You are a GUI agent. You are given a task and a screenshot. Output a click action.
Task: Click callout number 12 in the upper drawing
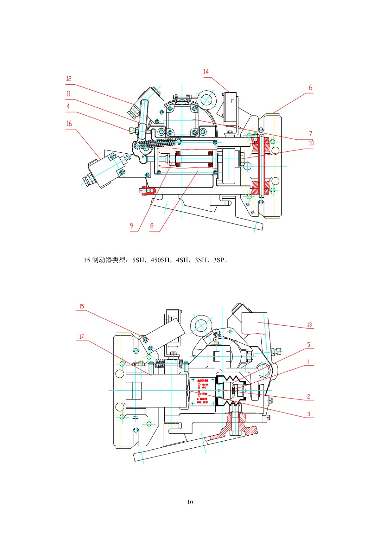coord(69,79)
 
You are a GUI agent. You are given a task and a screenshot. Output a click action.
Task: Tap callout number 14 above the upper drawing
coord(206,71)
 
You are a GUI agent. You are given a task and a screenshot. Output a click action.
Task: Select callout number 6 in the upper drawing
coord(310,88)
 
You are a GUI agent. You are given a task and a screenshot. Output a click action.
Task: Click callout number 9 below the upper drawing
coord(132,226)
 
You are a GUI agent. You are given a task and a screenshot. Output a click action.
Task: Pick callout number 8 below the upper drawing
coord(152,226)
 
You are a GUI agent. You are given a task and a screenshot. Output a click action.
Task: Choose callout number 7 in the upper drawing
coord(310,134)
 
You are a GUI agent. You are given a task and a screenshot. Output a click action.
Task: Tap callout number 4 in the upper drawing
coord(68,106)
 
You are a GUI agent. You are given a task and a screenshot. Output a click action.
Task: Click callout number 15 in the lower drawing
coord(81,306)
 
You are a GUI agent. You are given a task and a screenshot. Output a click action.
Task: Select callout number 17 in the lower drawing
coord(81,337)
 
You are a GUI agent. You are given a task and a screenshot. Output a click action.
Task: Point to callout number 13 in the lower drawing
coord(309,325)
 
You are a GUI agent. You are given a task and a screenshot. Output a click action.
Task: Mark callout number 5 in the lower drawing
coord(309,345)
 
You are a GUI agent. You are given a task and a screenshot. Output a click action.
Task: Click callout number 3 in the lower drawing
coord(309,414)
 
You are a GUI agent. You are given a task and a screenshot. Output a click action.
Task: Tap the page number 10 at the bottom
coord(190,502)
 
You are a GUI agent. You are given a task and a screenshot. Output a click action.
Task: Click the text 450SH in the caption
coord(160,260)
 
